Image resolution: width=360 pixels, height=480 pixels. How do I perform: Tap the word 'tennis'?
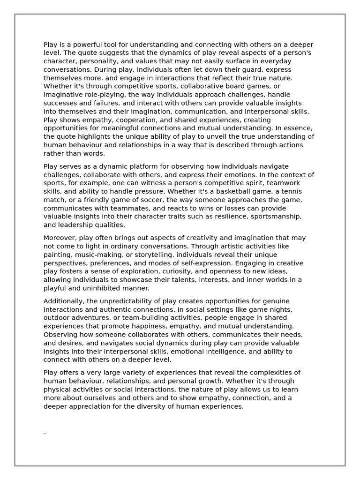(291, 191)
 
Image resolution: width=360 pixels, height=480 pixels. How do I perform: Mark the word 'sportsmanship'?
(276, 217)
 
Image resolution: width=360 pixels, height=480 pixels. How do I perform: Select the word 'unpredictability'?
(120, 301)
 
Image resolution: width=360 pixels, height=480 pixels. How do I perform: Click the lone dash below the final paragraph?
(45, 434)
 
